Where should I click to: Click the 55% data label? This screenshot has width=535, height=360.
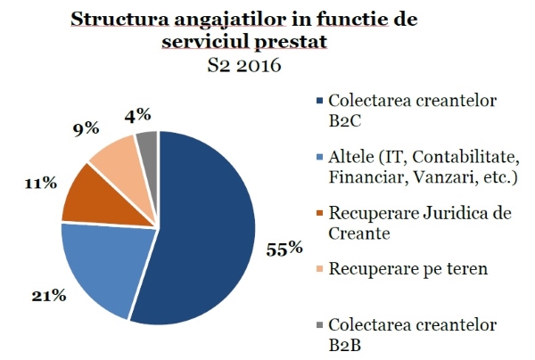tap(283, 249)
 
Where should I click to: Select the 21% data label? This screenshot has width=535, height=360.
tap(48, 295)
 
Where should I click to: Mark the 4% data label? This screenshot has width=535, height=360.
tap(138, 114)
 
